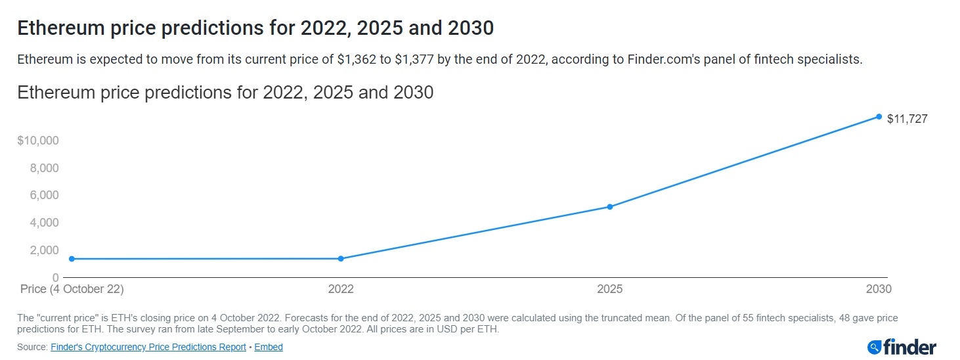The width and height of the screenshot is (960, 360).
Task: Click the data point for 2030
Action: click(x=879, y=117)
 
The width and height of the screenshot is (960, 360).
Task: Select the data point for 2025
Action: click(x=610, y=207)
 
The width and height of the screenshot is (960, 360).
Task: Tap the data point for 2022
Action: click(x=341, y=259)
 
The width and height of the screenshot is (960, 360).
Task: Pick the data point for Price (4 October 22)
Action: click(x=72, y=259)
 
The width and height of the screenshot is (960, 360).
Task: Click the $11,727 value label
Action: click(x=907, y=119)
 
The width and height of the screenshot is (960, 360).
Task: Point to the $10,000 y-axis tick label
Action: click(x=38, y=141)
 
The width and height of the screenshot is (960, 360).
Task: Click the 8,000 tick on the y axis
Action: click(x=45, y=168)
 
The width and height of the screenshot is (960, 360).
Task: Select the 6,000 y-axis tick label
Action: click(x=45, y=195)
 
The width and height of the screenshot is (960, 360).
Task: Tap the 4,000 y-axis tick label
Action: click(x=45, y=223)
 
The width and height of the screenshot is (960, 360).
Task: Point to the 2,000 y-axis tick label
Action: click(x=45, y=250)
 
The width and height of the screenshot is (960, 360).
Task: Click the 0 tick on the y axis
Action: click(x=56, y=277)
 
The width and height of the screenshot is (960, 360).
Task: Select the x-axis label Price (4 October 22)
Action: click(x=72, y=289)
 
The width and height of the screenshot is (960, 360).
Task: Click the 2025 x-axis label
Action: click(x=610, y=289)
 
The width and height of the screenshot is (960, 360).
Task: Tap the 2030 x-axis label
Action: click(x=879, y=289)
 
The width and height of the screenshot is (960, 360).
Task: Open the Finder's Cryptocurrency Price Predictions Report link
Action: click(x=148, y=347)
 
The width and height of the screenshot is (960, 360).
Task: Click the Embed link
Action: click(x=269, y=347)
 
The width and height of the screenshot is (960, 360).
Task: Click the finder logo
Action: click(x=902, y=346)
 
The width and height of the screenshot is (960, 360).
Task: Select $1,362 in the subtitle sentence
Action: click(x=357, y=60)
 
